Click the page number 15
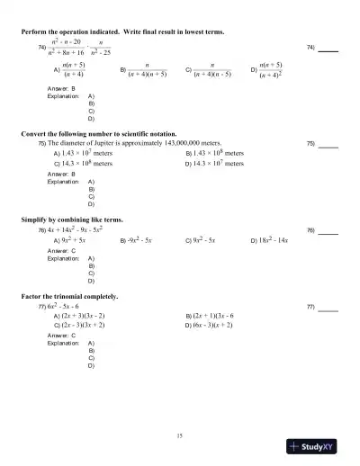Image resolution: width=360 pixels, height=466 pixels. (x=180, y=435)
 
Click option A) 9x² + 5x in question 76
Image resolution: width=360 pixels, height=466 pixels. (x=69, y=241)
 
